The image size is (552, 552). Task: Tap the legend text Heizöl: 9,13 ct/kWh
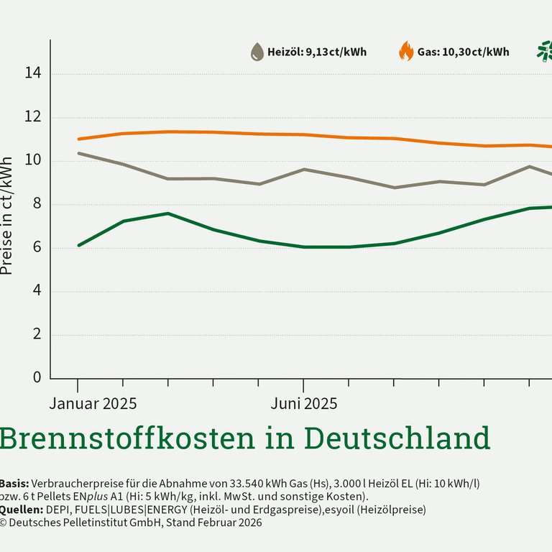[317, 52]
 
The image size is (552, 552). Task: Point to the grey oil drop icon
[257, 52]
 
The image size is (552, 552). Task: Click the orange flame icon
[406, 51]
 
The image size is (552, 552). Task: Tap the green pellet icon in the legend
[545, 51]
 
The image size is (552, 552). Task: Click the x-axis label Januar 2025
[93, 403]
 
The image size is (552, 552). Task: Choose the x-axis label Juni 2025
[303, 403]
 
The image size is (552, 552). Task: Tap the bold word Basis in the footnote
[13, 484]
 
